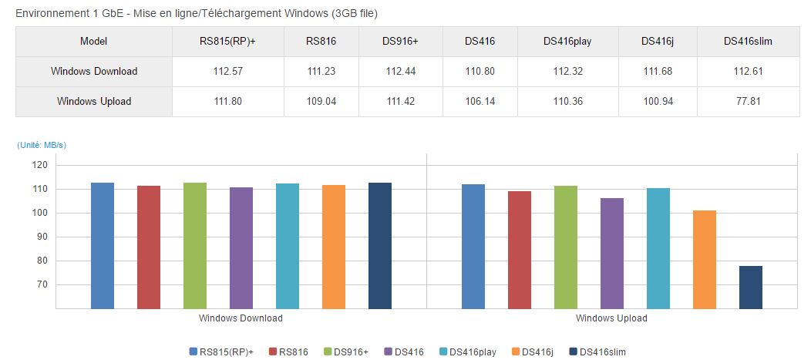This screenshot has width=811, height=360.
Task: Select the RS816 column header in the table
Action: pyautogui.click(x=321, y=41)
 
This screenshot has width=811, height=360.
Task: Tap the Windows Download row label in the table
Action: pyautogui.click(x=94, y=71)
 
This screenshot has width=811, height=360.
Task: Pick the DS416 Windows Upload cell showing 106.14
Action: pyautogui.click(x=480, y=101)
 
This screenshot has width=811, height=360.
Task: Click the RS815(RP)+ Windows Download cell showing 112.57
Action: pyautogui.click(x=227, y=71)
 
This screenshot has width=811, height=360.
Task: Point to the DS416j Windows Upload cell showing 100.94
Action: pyautogui.click(x=658, y=101)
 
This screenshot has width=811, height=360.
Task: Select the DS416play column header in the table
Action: pyautogui.click(x=567, y=41)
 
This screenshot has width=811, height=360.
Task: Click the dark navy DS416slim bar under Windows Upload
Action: pyautogui.click(x=751, y=287)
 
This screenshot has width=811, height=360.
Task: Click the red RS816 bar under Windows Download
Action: pyautogui.click(x=149, y=247)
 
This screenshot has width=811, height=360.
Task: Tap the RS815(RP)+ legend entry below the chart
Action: pyautogui.click(x=221, y=352)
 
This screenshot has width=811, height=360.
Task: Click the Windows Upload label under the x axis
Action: pyautogui.click(x=611, y=318)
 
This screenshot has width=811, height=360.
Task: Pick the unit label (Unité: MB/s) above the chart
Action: pyautogui.click(x=42, y=145)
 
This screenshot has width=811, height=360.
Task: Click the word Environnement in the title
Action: pyautogui.click(x=49, y=14)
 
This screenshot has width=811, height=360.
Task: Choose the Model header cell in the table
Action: pyautogui.click(x=94, y=41)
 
